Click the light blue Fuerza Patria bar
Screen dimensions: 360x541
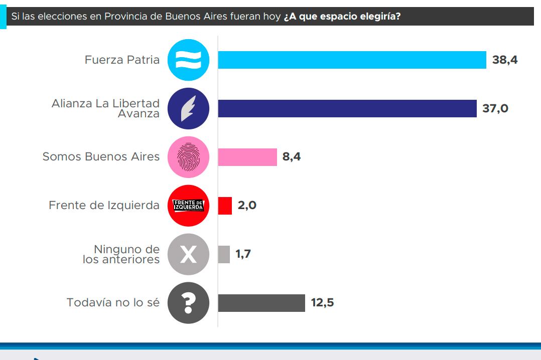coord(352,60)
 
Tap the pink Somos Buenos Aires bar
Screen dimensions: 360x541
coord(247,157)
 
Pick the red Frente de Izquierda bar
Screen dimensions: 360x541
coord(225,206)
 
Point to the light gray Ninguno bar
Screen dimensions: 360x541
coord(224,254)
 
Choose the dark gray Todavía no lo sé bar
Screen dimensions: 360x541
coord(261,303)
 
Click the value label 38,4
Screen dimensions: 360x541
coord(504,60)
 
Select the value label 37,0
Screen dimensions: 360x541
coord(495,108)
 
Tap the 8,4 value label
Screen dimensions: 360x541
coord(292,157)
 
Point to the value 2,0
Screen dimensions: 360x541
coord(247,206)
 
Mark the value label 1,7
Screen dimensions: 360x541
coord(243,254)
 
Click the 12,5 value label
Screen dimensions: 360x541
coord(322,303)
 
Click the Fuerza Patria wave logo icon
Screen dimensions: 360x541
coord(188,60)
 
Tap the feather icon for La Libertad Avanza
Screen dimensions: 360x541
coord(188,108)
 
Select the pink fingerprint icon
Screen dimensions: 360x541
coord(188,157)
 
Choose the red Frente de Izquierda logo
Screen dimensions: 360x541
coord(188,206)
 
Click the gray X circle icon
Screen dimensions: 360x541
coord(188,254)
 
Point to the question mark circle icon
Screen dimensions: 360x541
coord(188,303)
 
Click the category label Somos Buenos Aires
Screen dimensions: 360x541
coord(101,157)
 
